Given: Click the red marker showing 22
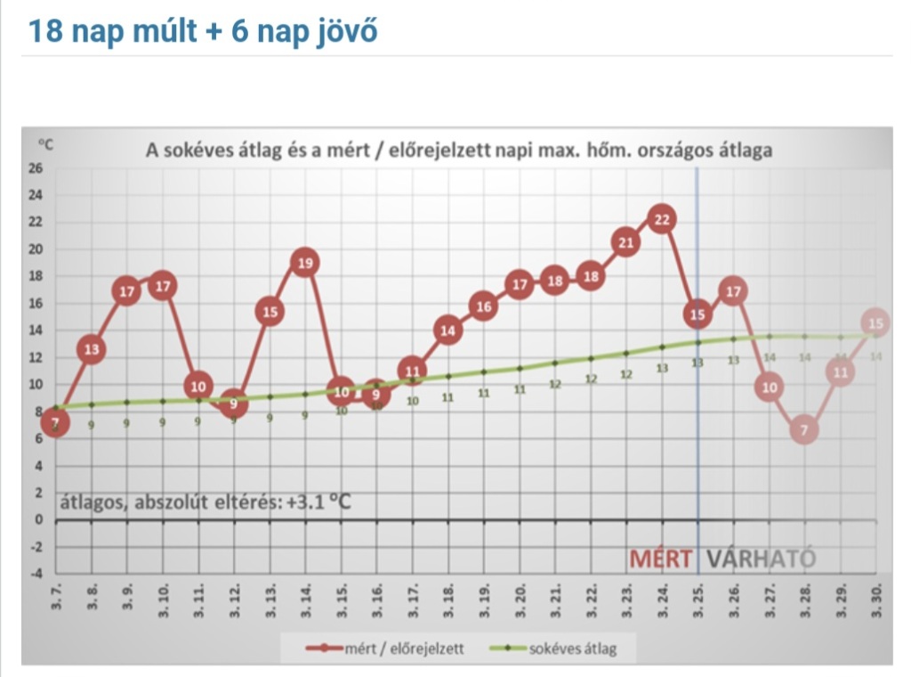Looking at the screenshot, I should (x=661, y=218).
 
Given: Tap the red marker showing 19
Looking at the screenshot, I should (x=304, y=263).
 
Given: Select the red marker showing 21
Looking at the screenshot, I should (x=625, y=241).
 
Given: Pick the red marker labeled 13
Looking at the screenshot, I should (x=91, y=349).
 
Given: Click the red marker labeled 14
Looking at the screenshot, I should (x=447, y=330).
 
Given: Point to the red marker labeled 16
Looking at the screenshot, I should (x=483, y=307).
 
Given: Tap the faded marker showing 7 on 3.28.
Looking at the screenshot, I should (x=804, y=430).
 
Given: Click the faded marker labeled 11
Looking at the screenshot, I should (x=839, y=371).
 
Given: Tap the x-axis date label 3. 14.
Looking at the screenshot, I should (x=305, y=600).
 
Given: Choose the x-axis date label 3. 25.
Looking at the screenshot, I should (x=698, y=600).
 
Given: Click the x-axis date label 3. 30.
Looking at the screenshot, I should (x=876, y=600).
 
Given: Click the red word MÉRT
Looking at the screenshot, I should (x=661, y=559).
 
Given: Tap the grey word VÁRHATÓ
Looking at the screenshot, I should (x=761, y=559).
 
